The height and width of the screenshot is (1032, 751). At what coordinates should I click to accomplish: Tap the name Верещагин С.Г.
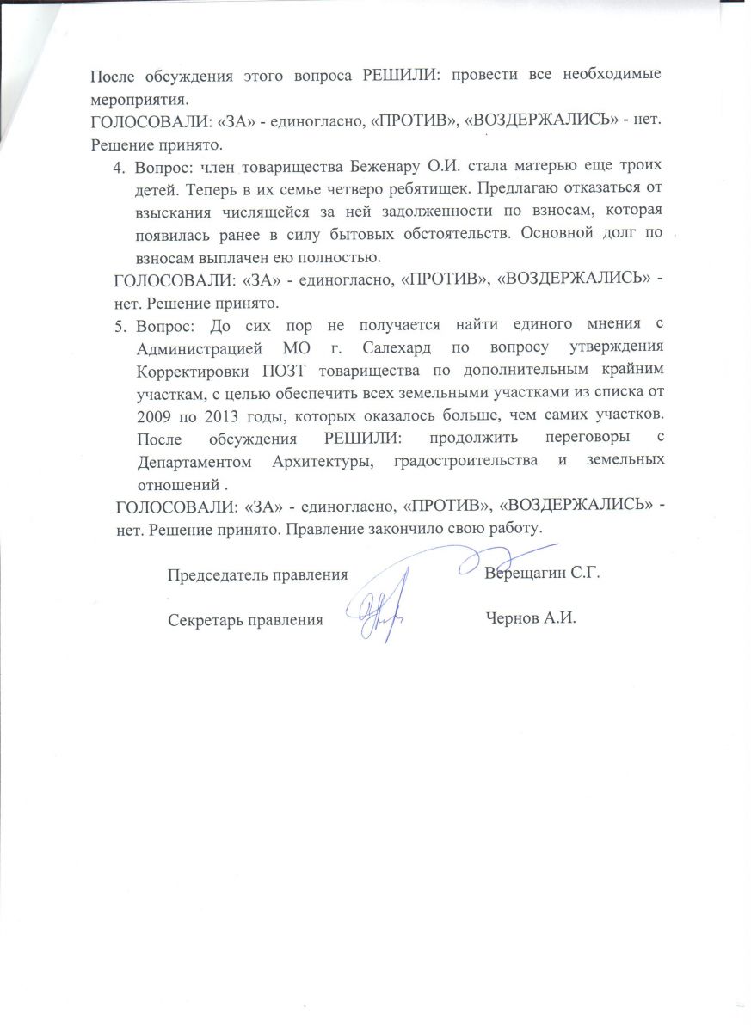point(541,574)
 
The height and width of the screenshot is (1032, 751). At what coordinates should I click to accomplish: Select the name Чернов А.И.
point(529,618)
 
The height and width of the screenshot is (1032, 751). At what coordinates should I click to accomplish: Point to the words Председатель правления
point(257,574)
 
